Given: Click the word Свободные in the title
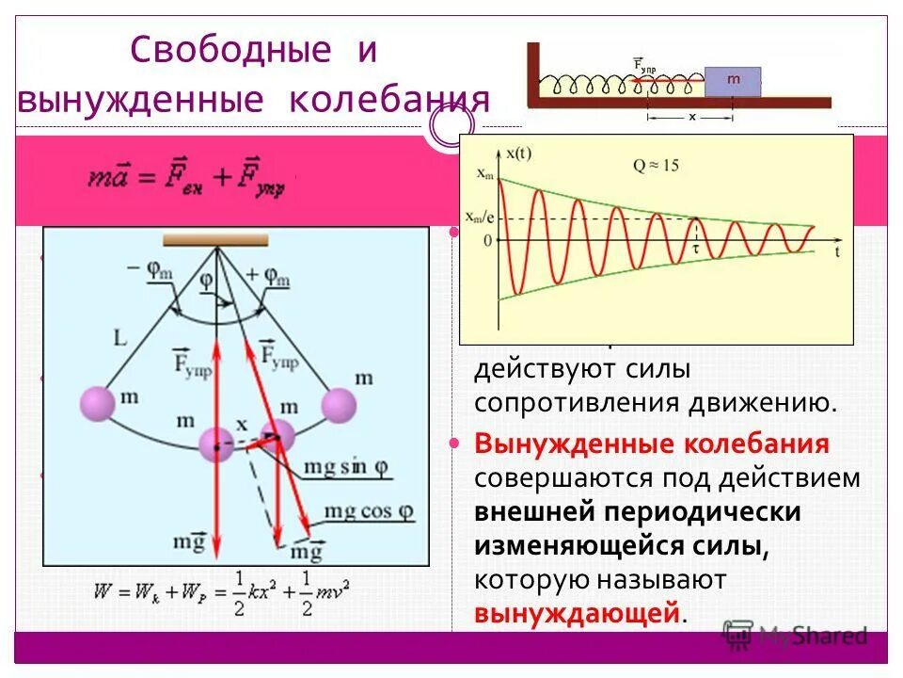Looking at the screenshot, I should point(230,50).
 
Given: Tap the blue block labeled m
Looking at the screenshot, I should point(733,81).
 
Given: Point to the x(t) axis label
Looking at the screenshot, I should point(522,153).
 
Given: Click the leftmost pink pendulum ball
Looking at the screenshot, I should point(96,405).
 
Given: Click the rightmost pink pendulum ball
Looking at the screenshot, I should point(340,406).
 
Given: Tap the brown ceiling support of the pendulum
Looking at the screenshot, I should point(215,240).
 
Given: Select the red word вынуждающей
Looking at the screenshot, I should point(578,614).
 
